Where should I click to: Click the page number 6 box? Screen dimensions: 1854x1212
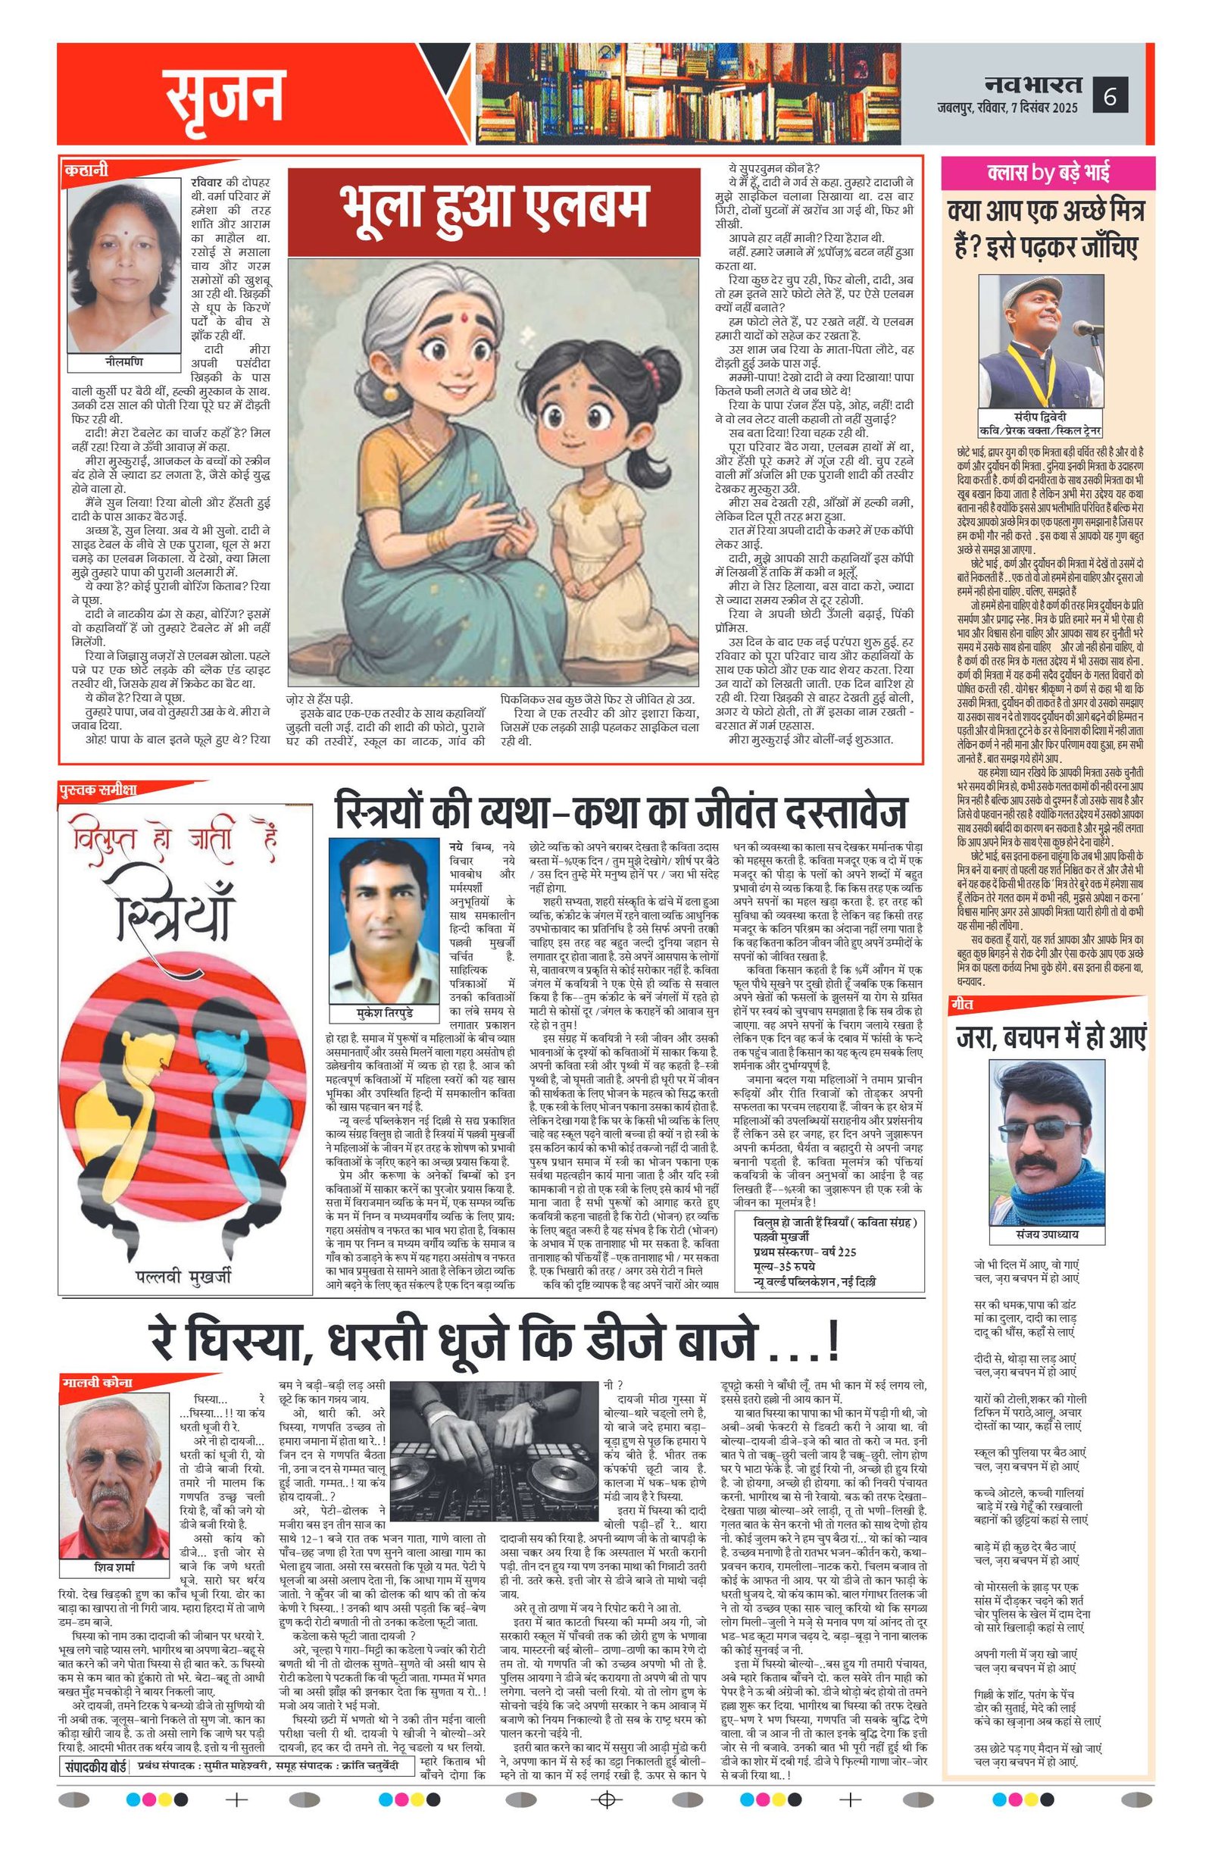point(1110,98)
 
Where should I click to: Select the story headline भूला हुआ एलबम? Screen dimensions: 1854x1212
point(495,209)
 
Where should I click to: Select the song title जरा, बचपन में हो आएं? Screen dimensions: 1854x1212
point(1051,1037)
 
